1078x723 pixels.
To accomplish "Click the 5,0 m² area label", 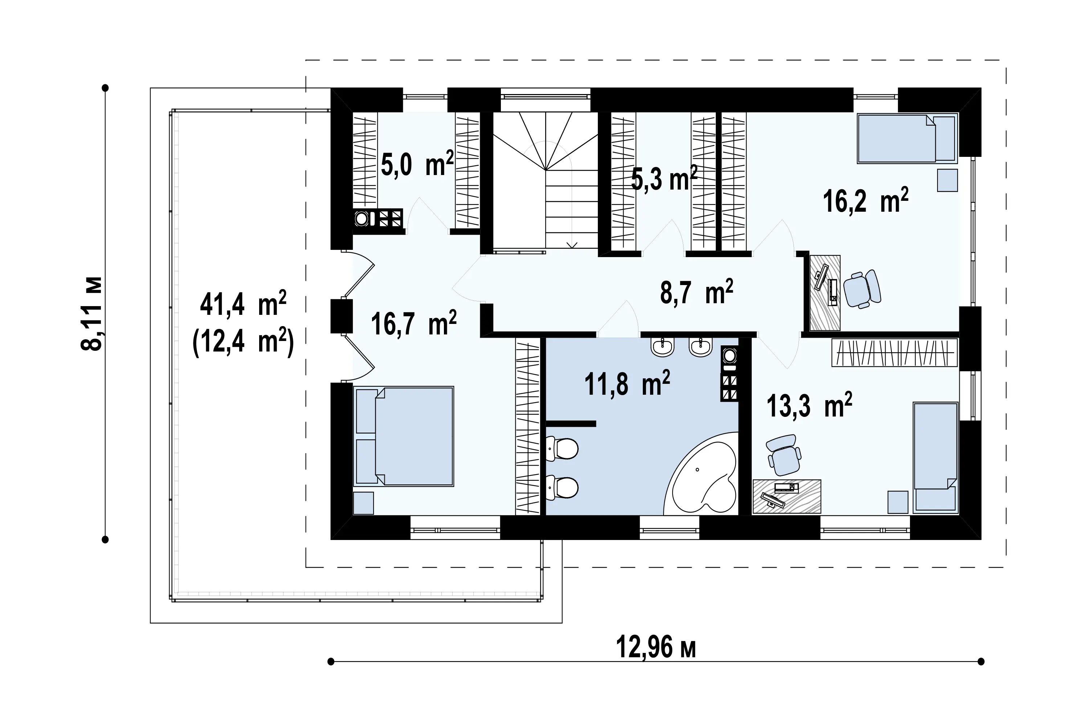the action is click(x=417, y=164).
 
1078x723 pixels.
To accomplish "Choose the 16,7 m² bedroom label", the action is click(x=413, y=323).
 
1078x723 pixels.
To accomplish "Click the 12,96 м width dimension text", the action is click(x=656, y=647).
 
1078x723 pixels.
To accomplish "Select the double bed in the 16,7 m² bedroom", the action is click(x=403, y=436).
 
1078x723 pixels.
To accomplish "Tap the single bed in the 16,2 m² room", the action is click(x=907, y=138).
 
